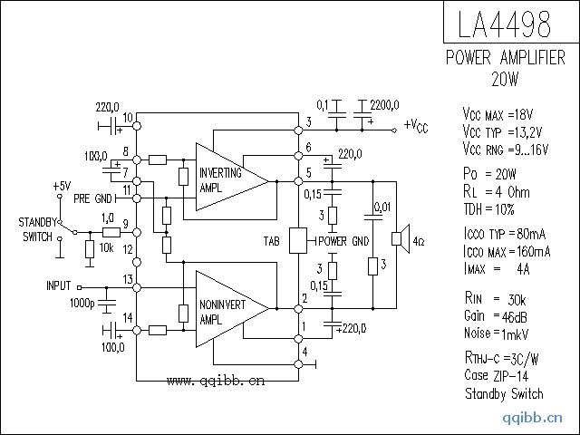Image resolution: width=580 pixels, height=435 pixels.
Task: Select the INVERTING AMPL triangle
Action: point(227,177)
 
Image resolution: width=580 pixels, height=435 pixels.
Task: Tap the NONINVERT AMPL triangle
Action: point(227,308)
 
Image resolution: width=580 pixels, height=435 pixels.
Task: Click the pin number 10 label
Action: point(128,117)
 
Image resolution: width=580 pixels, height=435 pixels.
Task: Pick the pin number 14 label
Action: point(128,315)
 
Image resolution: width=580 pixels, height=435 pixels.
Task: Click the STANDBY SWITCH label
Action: point(36,228)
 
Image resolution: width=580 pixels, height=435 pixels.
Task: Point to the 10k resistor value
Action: point(106,247)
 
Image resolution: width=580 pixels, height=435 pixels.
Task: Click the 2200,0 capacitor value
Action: point(384,104)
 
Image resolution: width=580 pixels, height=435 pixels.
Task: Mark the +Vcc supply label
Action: point(416,125)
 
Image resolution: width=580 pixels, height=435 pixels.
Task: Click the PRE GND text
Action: point(93,198)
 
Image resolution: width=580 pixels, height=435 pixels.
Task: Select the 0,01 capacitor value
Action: point(382,207)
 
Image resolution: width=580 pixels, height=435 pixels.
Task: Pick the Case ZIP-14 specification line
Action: point(498,375)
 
